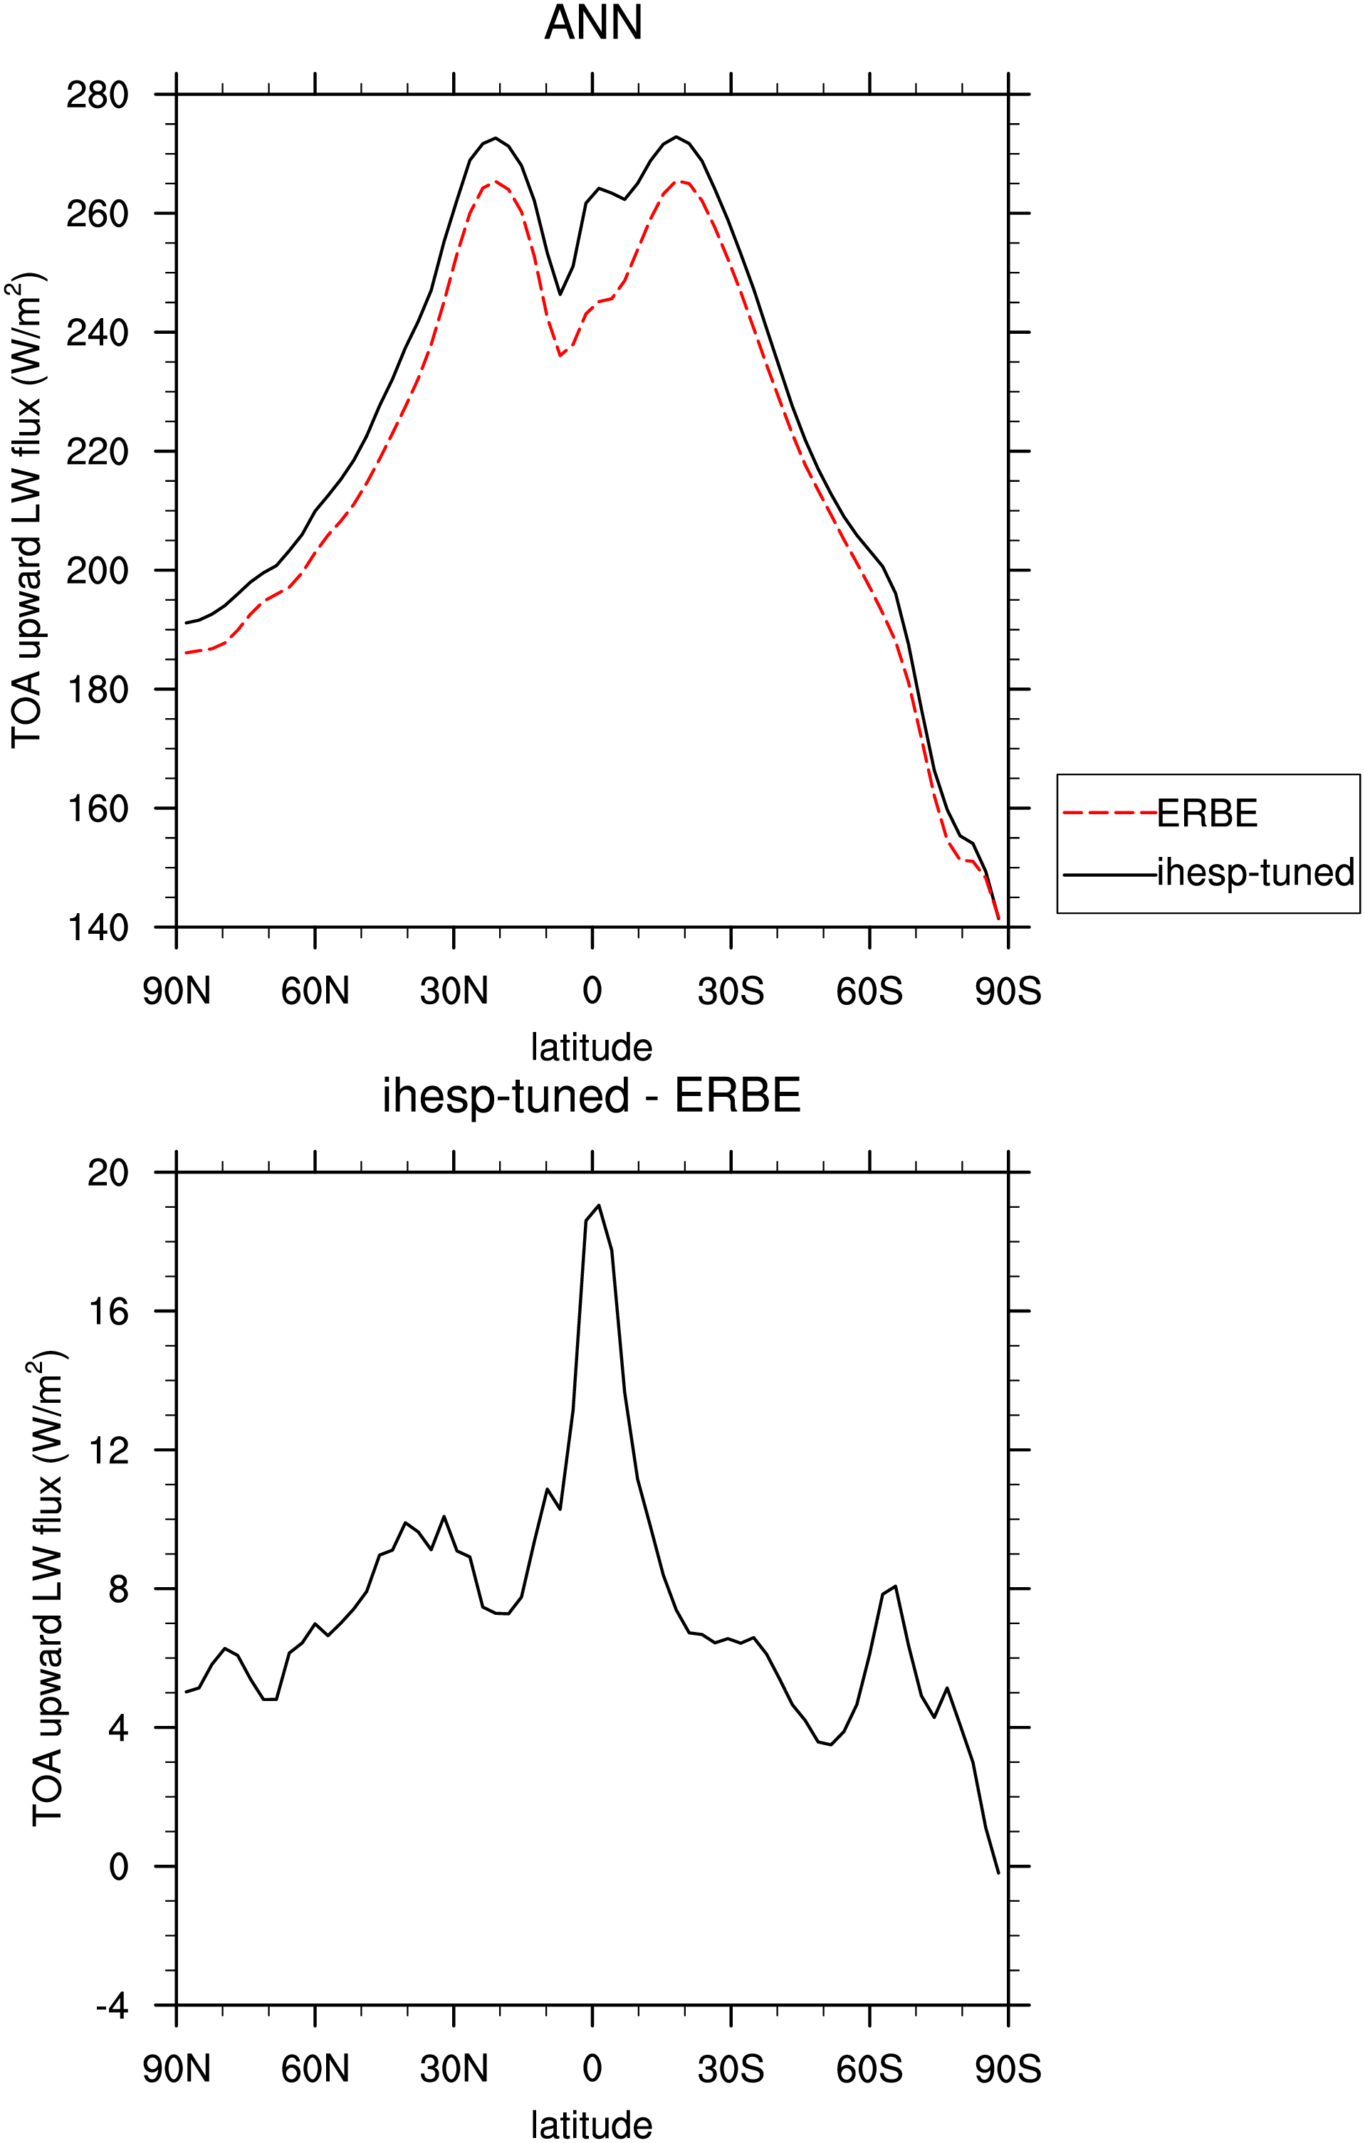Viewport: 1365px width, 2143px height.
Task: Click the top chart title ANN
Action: click(x=593, y=23)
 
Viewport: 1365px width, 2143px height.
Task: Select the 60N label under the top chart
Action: click(x=315, y=991)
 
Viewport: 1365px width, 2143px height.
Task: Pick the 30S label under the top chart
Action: click(x=731, y=991)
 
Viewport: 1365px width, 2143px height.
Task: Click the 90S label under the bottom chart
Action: click(x=1008, y=2069)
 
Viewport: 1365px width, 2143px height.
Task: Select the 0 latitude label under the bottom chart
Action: click(x=592, y=2069)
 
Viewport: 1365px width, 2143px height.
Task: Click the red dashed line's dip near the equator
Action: click(x=561, y=356)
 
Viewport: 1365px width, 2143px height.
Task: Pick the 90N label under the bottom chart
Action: click(x=177, y=2069)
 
